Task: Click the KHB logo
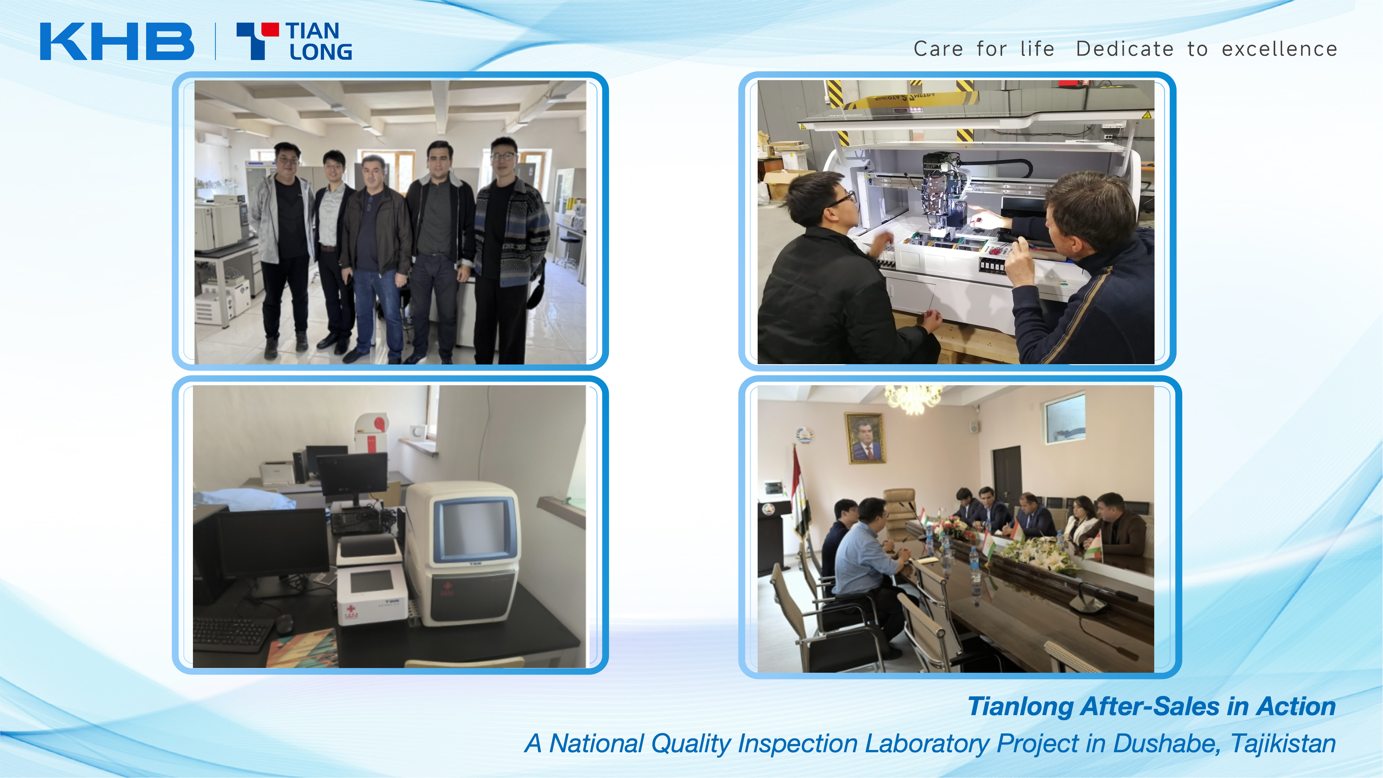117,41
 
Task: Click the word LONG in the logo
321,52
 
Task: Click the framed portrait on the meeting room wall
865,438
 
